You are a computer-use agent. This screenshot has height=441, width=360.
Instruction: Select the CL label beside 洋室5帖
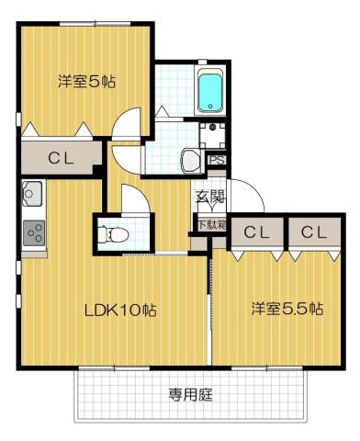(x=61, y=158)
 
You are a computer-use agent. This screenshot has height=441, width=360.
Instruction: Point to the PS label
(x=218, y=160)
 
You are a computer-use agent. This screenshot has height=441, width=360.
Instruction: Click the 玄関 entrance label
(x=208, y=195)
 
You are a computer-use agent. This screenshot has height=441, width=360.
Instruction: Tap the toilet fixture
(x=116, y=233)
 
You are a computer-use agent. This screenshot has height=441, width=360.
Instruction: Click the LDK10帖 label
(x=122, y=310)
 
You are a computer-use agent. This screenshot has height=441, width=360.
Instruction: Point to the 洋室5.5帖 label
(x=287, y=310)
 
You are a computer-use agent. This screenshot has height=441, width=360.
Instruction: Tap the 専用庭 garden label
(x=191, y=395)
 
